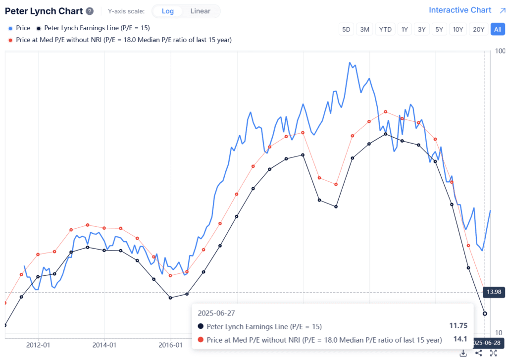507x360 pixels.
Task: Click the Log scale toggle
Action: [167, 11]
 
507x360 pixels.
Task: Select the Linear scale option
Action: [200, 11]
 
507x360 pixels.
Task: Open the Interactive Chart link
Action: [460, 10]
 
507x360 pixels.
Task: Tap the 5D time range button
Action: [346, 29]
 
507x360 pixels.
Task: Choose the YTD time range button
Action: [385, 29]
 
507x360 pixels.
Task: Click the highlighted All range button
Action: [498, 29]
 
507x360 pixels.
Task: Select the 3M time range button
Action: [365, 29]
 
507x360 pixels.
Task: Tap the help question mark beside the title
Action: [89, 11]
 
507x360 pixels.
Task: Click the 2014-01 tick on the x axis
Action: [105, 345]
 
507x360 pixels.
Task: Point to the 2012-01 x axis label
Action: [39, 345]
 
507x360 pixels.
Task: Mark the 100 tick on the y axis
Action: [500, 51]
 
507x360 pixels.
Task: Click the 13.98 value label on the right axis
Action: [494, 292]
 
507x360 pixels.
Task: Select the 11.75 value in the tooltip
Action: [458, 326]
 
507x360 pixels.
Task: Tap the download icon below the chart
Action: [463, 353]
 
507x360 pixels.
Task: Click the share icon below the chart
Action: [478, 353]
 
